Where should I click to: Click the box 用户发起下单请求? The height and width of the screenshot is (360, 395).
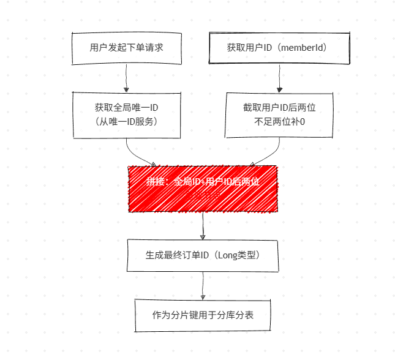tap(126, 48)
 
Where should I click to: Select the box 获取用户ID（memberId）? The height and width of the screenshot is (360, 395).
tap(279, 48)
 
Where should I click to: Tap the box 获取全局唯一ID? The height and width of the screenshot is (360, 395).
tap(126, 114)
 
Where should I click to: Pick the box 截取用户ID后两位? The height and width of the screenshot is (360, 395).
tap(279, 114)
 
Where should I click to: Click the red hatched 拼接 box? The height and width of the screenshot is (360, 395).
tap(202, 189)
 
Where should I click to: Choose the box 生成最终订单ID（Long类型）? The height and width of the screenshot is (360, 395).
tap(203, 255)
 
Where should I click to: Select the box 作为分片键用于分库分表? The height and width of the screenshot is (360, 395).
tap(203, 315)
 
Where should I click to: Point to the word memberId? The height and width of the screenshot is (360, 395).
tap(304, 48)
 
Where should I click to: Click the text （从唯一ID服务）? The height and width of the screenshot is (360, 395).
tap(127, 122)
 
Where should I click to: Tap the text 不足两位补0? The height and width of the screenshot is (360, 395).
tap(279, 122)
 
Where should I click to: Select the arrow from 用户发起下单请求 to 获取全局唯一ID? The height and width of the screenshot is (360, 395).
tap(126, 78)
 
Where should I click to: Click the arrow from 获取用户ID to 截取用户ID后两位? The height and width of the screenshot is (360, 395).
tap(279, 78)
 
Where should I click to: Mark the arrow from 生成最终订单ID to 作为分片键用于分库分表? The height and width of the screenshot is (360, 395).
tap(203, 285)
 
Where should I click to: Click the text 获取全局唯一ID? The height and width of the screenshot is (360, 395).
tap(127, 107)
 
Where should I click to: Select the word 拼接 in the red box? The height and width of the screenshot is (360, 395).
tap(155, 182)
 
